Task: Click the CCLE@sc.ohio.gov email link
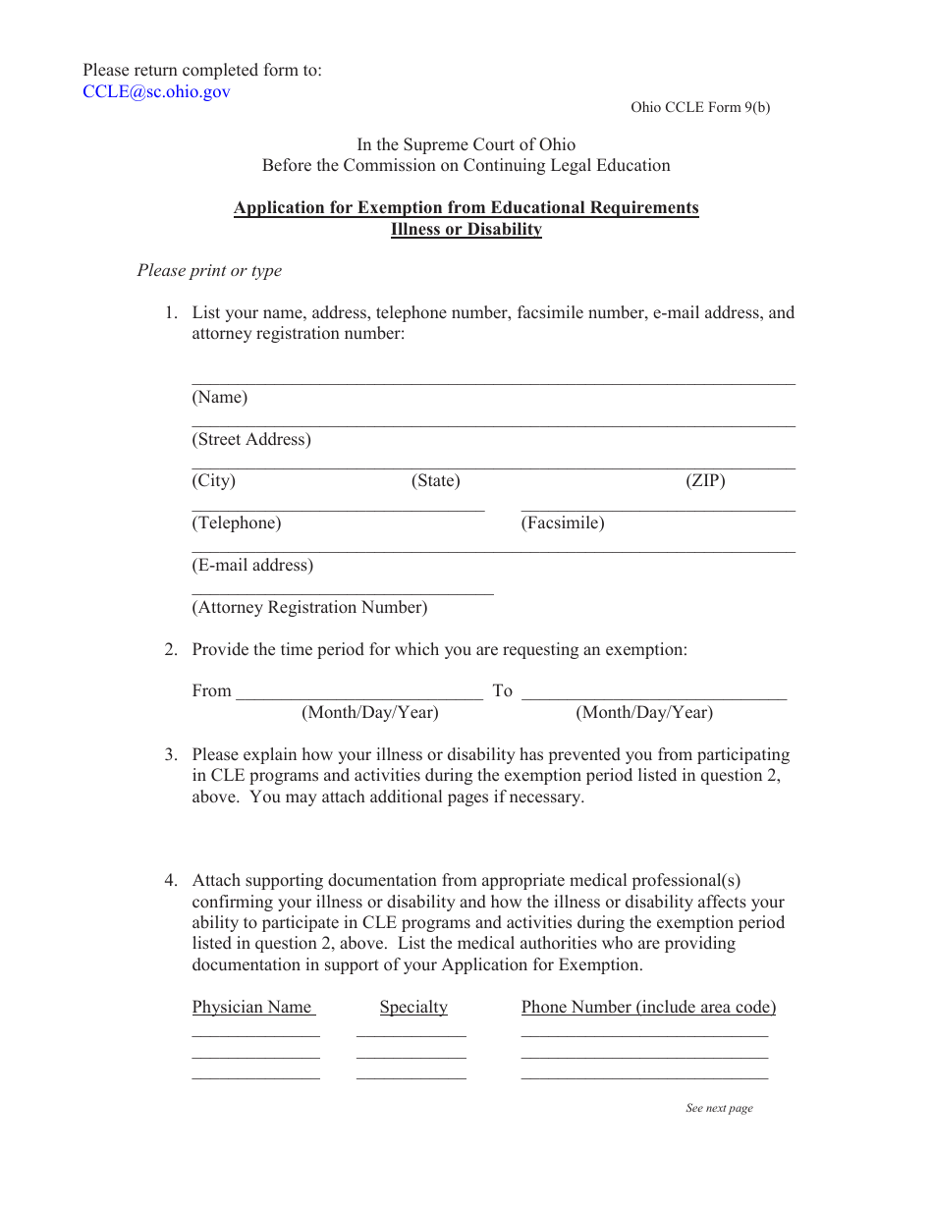coord(156,92)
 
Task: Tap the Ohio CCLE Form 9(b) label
coord(699,108)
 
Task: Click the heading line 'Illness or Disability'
coord(466,230)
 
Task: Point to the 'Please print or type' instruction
coord(209,271)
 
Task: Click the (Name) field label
coord(219,398)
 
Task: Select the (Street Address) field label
coord(251,440)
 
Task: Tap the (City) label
coord(213,481)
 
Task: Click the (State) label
coord(435,481)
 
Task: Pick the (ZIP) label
coord(705,481)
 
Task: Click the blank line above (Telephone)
coord(338,510)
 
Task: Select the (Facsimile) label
coord(562,523)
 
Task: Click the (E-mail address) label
coord(252,566)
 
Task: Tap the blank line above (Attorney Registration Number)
coord(342,593)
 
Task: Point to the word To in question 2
coord(503,691)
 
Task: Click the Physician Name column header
coord(252,1008)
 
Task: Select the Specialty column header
coord(413,1008)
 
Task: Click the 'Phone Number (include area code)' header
coord(648,1008)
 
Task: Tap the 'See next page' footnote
coord(719,1109)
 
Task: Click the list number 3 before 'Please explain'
coord(170,755)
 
